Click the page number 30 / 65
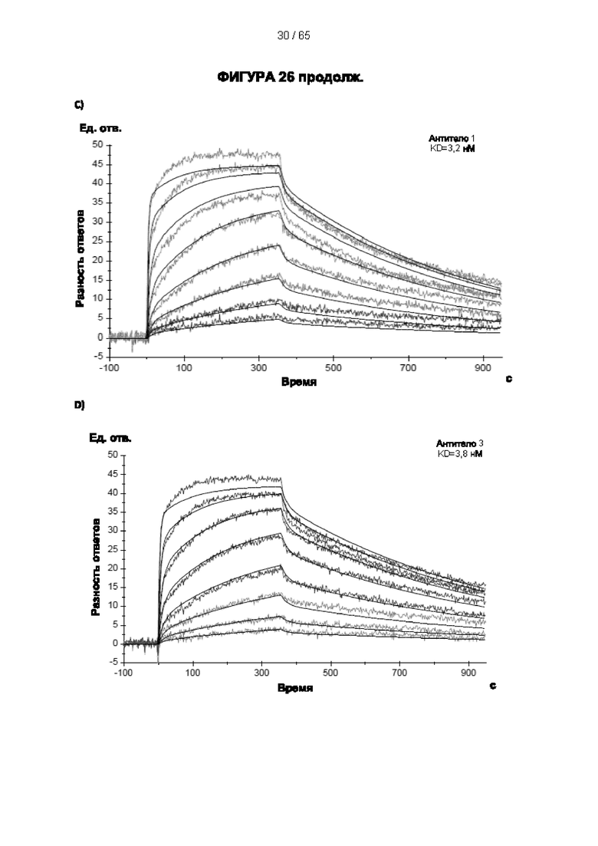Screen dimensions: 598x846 pos(294,35)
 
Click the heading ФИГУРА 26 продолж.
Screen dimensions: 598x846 pos(290,77)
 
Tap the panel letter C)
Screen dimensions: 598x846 pos(79,104)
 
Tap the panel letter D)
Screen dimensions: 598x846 pos(79,405)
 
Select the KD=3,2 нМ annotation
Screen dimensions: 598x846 pos(452,148)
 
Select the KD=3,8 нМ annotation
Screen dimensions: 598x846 pos(460,454)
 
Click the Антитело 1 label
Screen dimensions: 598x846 pos(452,139)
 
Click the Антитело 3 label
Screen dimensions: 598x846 pos(460,444)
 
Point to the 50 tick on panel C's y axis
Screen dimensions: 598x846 pos(97,145)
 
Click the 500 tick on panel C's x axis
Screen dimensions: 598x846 pos(333,367)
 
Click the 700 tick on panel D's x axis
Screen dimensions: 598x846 pos(399,673)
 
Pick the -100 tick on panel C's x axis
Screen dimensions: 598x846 pos(110,367)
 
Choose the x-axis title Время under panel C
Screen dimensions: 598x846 pos(299,382)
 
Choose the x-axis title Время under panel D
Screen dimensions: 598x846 pos(295,688)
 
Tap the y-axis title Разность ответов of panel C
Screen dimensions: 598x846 pos(80,258)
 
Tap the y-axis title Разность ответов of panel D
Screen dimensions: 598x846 pos(95,567)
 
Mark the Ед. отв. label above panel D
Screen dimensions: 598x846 pos(110,438)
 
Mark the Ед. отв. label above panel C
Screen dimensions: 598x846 pos(101,128)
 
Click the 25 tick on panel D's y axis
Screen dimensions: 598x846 pos(113,550)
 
